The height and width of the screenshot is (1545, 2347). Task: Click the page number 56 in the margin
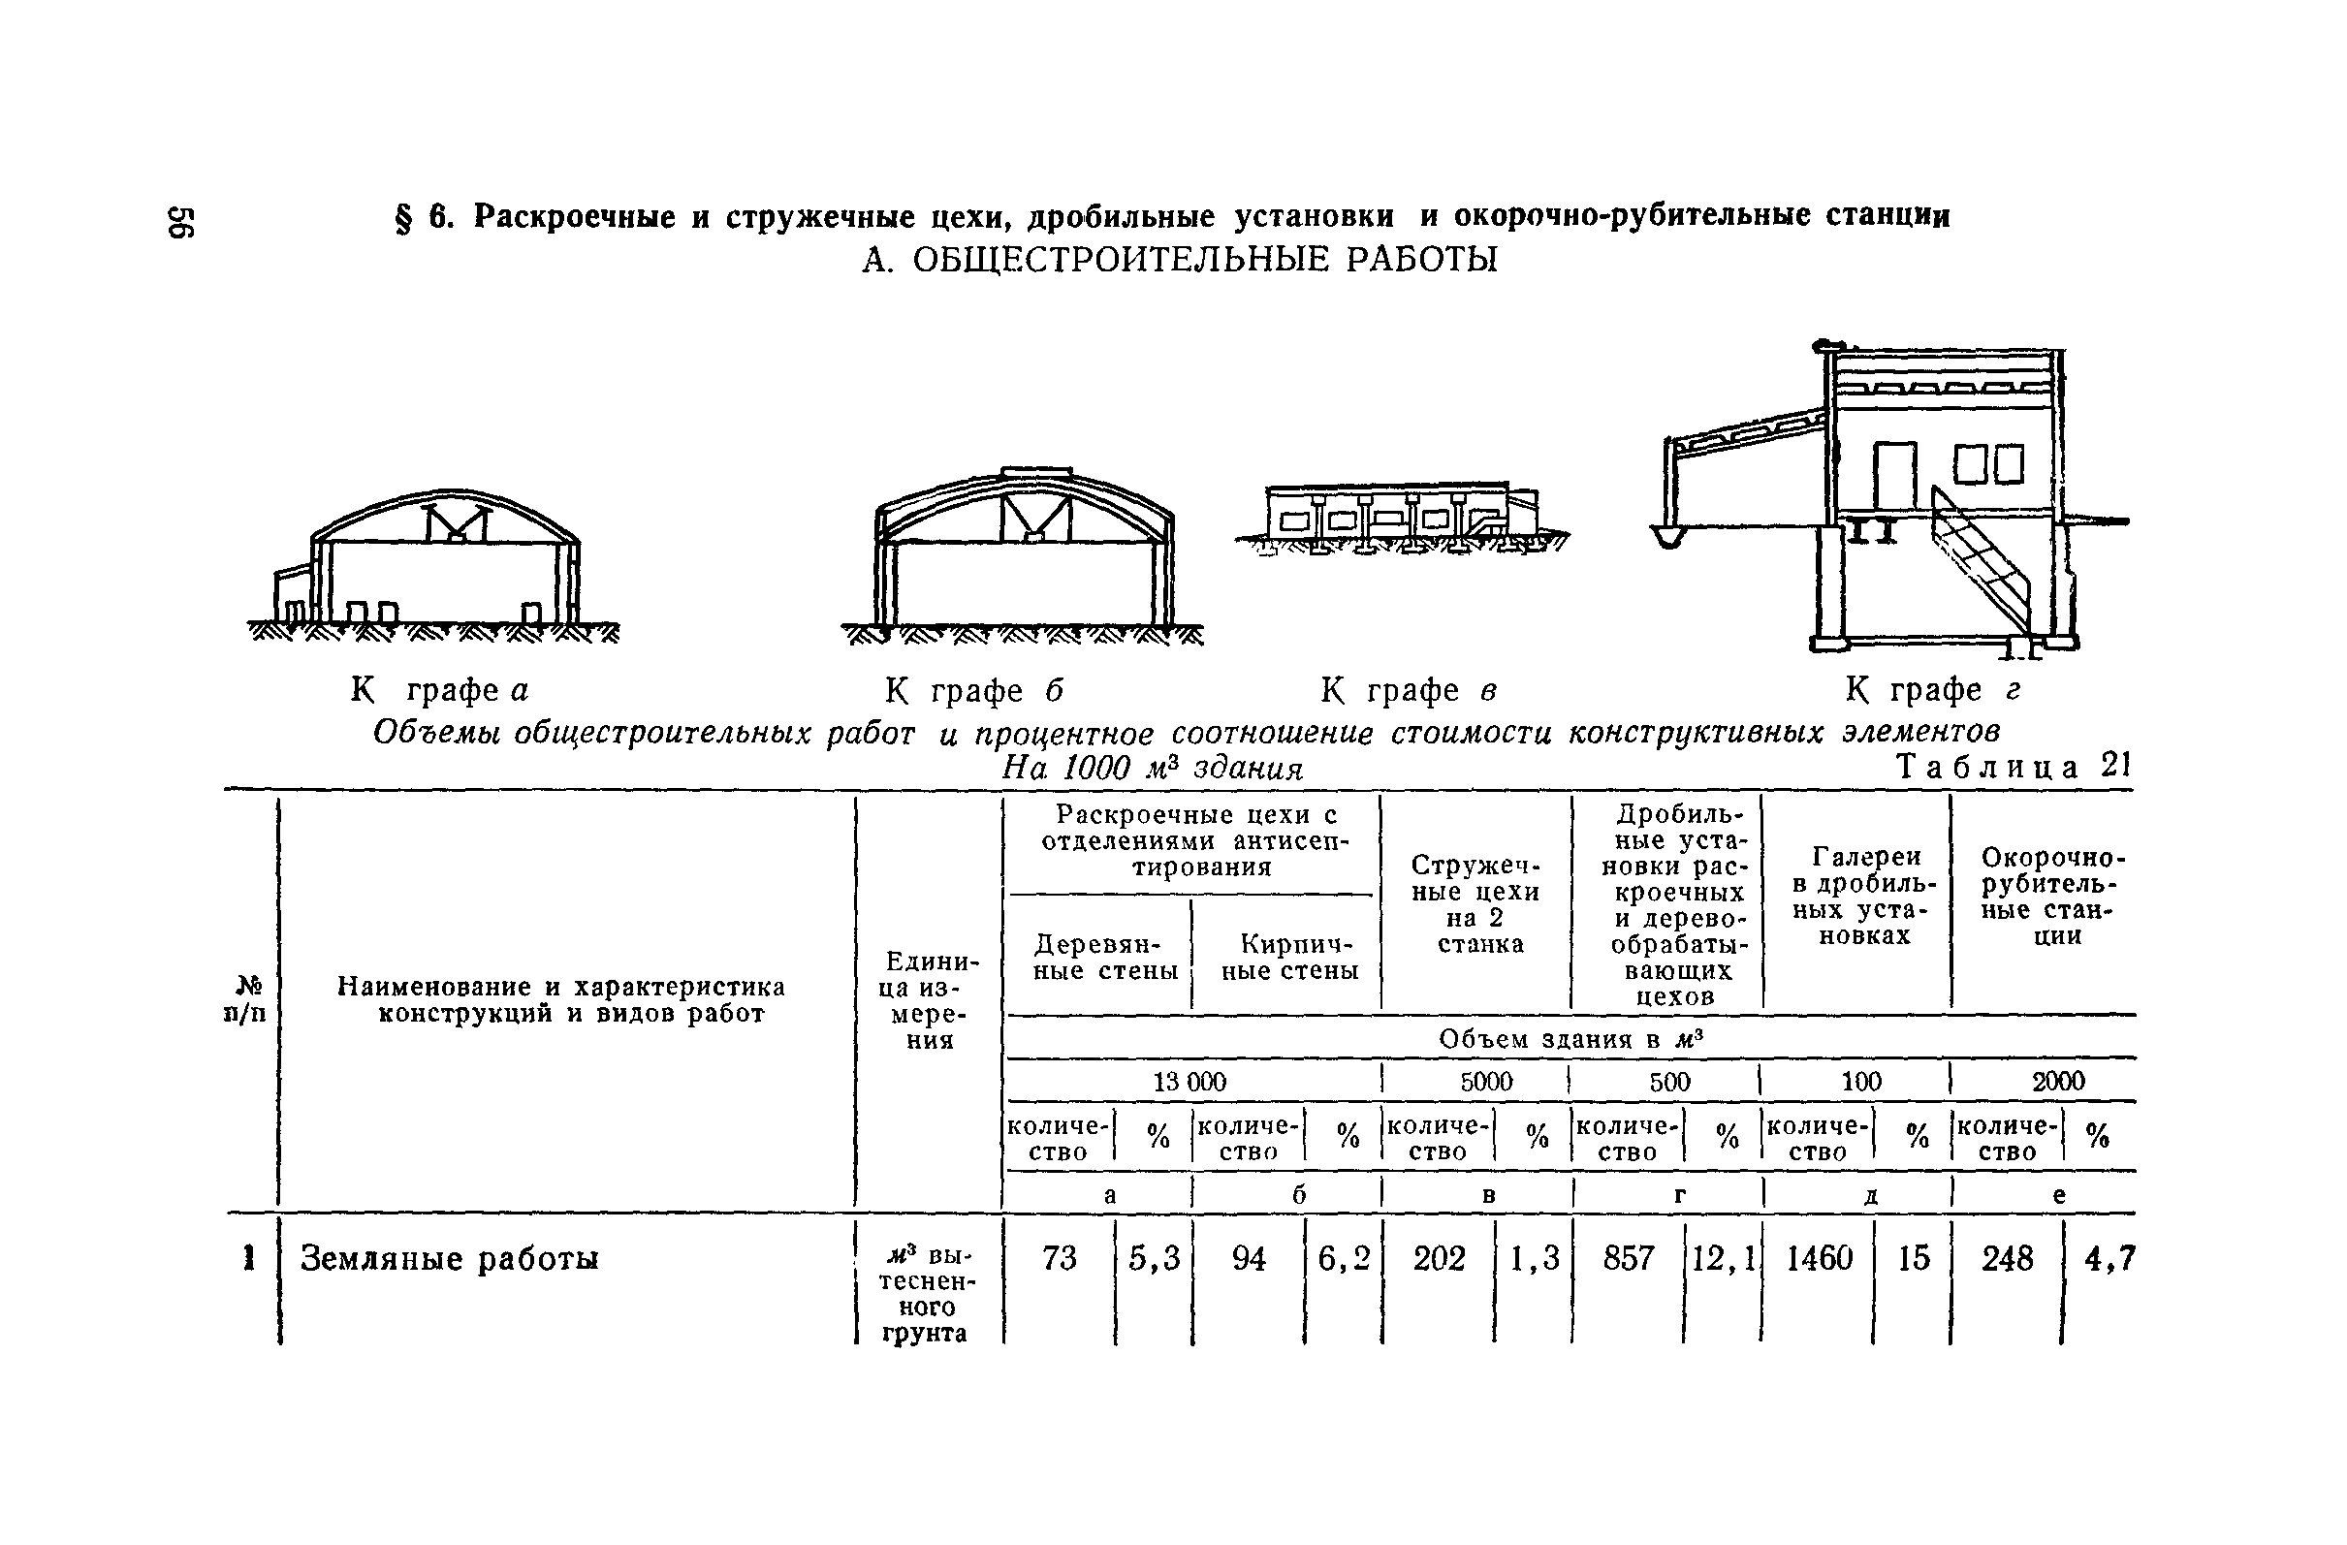tap(182, 223)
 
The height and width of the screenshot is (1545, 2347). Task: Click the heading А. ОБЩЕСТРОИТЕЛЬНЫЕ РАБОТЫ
tap(1180, 261)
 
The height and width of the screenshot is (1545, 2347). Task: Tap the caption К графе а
tap(440, 690)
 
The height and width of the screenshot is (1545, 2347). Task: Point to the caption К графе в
tap(1410, 690)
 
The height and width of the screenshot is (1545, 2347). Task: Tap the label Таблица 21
tap(2014, 766)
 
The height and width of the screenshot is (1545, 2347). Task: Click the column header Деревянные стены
tap(1104, 958)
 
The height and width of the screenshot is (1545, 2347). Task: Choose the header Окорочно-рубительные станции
tap(2053, 897)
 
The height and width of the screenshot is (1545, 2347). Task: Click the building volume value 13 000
tap(1189, 1082)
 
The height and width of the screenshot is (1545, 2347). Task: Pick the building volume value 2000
tap(2058, 1082)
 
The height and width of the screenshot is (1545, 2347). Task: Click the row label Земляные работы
tap(450, 1259)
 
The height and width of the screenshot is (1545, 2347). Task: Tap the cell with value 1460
tap(1820, 1258)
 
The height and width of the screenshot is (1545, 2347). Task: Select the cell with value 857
tap(1628, 1258)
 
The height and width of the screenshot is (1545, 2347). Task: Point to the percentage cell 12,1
tap(1724, 1258)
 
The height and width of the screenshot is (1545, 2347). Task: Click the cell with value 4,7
tap(2109, 1258)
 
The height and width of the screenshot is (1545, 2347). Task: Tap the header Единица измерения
tap(928, 999)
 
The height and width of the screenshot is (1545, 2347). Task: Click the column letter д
tap(1870, 1196)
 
